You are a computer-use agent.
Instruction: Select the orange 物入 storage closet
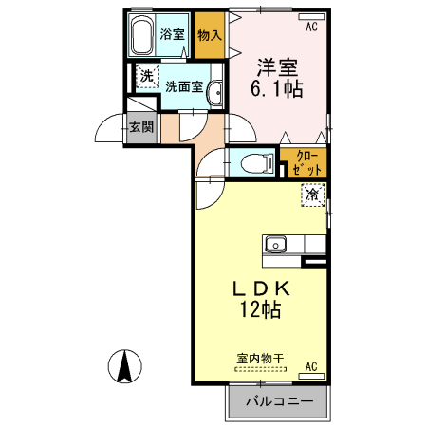click(x=210, y=35)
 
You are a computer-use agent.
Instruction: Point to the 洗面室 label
click(x=184, y=85)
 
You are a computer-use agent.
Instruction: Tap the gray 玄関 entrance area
click(x=141, y=126)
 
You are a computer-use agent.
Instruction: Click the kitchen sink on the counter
click(x=276, y=244)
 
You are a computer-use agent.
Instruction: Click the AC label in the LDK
click(x=312, y=365)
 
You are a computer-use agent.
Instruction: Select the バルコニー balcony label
click(x=280, y=401)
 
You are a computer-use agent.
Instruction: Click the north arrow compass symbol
click(x=123, y=366)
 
